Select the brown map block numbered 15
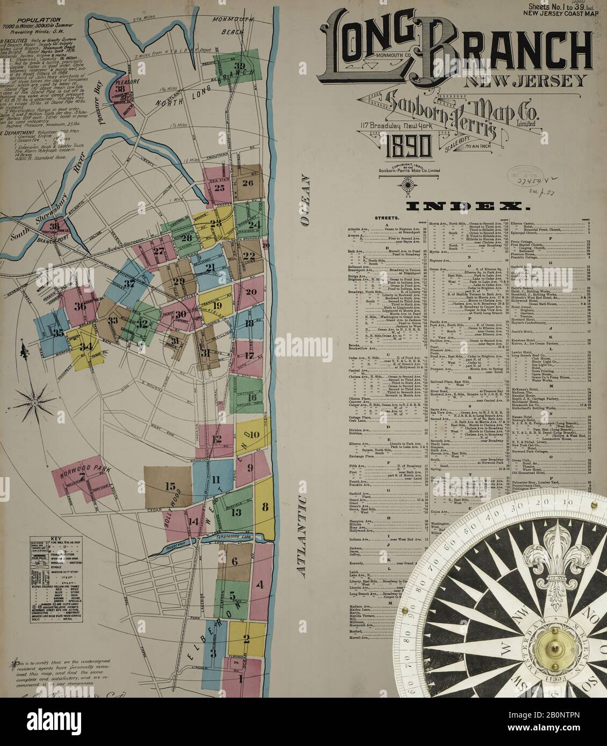(x=170, y=487)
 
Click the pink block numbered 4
(x=259, y=584)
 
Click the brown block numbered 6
(x=234, y=561)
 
